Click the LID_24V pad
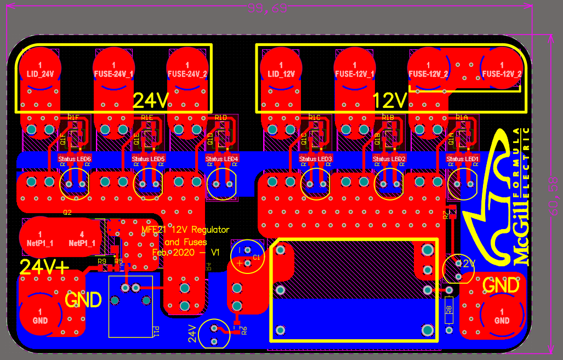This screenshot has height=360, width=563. click(40, 69)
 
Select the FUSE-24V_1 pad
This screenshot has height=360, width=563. click(114, 69)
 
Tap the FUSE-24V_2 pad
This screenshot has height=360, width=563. click(187, 69)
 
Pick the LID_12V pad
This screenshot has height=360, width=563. click(281, 69)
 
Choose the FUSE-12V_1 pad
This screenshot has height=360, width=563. click(355, 69)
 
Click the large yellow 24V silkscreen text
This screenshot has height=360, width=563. click(151, 100)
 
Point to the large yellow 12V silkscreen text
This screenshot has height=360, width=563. click(390, 100)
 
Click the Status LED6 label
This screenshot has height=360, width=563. click(75, 159)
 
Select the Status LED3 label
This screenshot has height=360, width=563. click(316, 159)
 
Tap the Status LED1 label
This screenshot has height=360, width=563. click(463, 159)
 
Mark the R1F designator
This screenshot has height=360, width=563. click(73, 117)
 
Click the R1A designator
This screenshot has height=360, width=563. click(462, 117)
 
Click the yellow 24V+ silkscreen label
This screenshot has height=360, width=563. click(44, 267)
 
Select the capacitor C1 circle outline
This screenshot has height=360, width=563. click(248, 257)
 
